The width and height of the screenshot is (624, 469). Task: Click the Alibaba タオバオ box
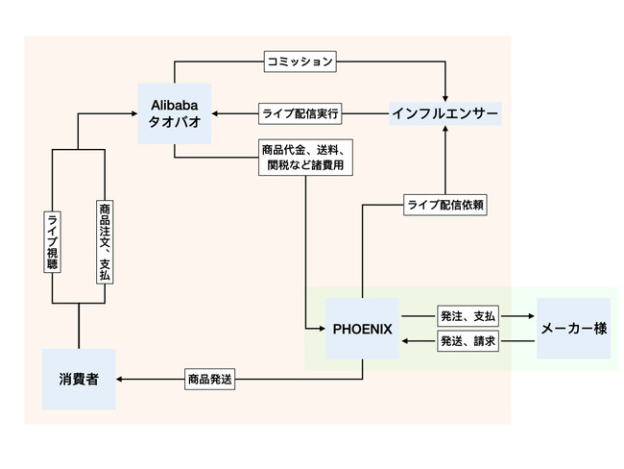coord(175,113)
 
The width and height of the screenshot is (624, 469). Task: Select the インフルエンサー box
coord(444,114)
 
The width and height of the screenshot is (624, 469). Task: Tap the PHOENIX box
coord(363,329)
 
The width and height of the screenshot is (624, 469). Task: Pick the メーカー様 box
coord(573,329)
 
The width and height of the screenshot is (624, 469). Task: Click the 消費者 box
coord(79,379)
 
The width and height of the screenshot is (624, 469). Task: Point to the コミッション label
coord(300,62)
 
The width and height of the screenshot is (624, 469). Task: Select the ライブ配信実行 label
coord(300,113)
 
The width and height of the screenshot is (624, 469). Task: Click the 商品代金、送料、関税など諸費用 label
coord(305,158)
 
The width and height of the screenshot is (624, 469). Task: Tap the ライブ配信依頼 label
coord(445,205)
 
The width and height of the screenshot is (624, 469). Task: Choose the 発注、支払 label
coord(468,316)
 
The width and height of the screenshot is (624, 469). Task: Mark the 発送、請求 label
coord(468,341)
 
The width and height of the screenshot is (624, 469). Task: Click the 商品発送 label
coord(209,379)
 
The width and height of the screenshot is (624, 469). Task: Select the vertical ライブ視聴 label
coord(52,242)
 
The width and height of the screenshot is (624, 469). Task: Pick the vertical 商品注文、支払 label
coord(105,242)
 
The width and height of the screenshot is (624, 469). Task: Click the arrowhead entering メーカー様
coord(531,316)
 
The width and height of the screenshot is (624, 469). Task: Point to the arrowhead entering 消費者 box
coord(119,379)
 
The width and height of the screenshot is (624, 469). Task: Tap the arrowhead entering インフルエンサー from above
coord(445,99)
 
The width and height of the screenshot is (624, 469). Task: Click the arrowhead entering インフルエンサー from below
coord(445,129)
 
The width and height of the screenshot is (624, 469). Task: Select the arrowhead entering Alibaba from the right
coord(215,113)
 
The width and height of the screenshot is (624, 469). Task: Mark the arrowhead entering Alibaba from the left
coord(134,113)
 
